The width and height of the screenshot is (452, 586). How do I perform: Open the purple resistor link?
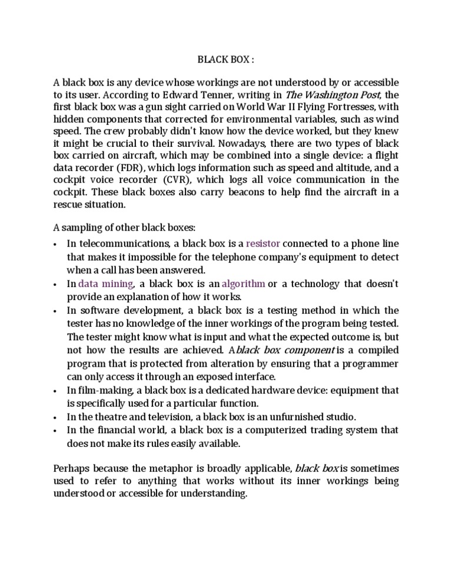[x=264, y=243]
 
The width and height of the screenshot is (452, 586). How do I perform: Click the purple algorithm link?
[x=242, y=284]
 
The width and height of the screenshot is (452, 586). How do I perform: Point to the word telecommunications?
[x=121, y=243]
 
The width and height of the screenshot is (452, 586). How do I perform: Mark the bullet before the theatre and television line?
[x=55, y=417]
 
